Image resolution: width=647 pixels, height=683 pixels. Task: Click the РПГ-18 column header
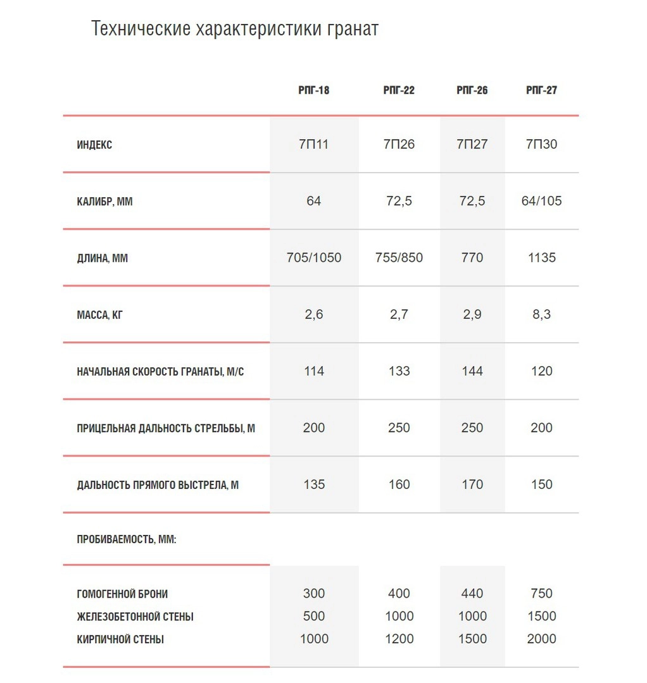pos(314,90)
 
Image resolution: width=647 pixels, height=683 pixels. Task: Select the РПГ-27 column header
pos(541,90)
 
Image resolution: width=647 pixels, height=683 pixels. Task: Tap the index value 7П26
pos(399,144)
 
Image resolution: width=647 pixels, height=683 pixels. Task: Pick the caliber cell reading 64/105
pos(541,201)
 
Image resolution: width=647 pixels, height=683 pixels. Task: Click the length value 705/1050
pos(314,257)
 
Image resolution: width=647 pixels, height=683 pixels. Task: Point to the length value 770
pos(472,257)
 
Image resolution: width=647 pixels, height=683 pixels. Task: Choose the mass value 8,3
pos(541,314)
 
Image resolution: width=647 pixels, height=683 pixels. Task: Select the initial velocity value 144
pos(472,371)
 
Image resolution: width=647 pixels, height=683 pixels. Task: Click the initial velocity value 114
pos(314,371)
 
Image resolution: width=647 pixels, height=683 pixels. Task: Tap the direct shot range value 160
pos(399,484)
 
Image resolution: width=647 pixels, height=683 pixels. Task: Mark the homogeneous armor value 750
pos(541,593)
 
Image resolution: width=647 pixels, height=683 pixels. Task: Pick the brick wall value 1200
pos(399,639)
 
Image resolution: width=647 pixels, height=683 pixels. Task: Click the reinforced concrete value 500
pos(314,616)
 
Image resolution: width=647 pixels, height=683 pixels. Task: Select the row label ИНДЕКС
pos(94,145)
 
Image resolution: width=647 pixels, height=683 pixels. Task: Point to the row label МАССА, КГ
pos(100,315)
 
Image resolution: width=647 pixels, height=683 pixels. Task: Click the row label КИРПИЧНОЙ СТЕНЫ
pos(120,639)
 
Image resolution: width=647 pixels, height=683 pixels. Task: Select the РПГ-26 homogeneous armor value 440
pos(472,593)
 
